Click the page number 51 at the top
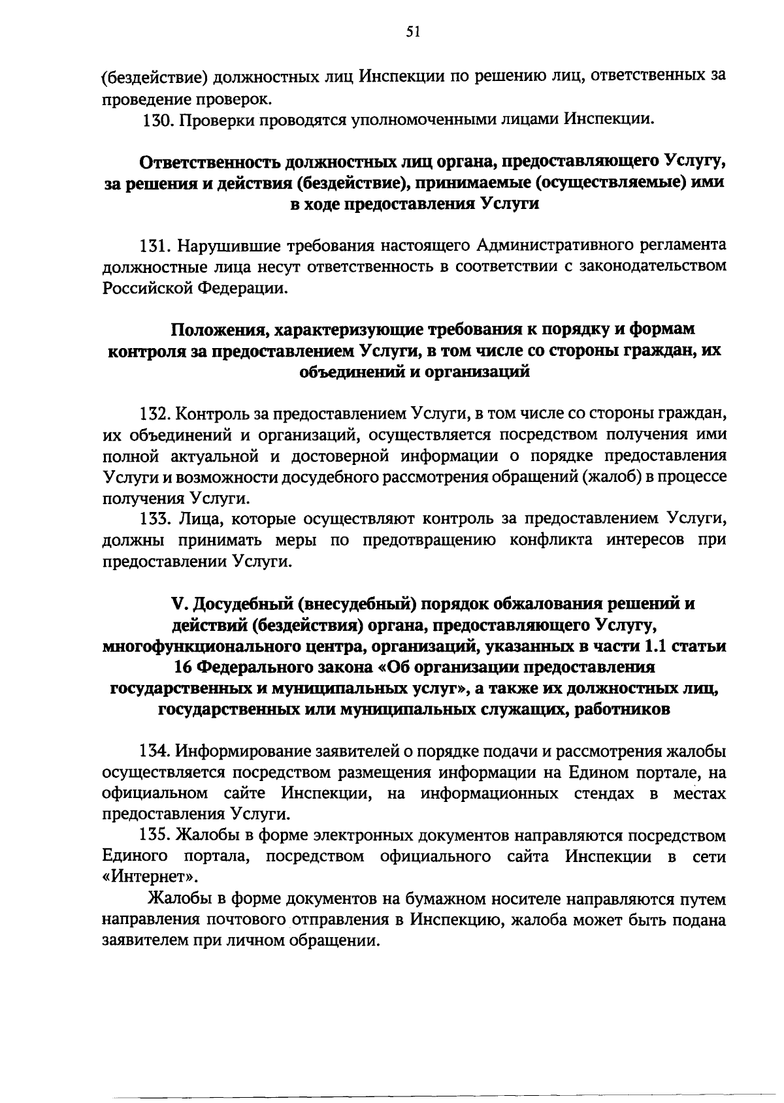coord(412,33)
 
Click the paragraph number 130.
coord(157,120)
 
